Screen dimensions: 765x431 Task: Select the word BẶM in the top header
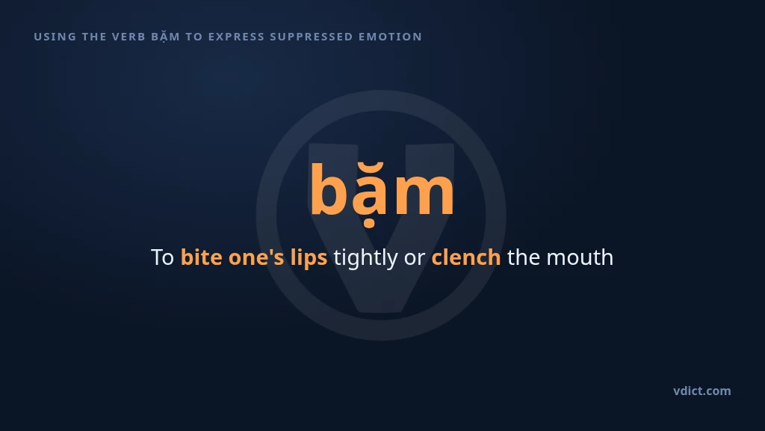(x=165, y=37)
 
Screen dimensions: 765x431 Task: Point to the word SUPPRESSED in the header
(x=312, y=37)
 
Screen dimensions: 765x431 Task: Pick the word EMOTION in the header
(x=390, y=37)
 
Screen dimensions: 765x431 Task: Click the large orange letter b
(x=329, y=189)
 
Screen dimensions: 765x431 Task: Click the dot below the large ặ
(x=369, y=224)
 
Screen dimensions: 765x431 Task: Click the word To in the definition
(x=162, y=257)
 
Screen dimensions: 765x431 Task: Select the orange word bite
(x=202, y=257)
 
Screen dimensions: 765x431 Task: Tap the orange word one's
(x=256, y=257)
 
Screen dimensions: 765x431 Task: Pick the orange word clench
(x=466, y=257)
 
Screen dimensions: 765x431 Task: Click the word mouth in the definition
(x=580, y=257)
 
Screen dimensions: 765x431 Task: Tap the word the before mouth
(x=524, y=257)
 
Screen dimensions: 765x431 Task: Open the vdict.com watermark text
(x=702, y=391)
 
